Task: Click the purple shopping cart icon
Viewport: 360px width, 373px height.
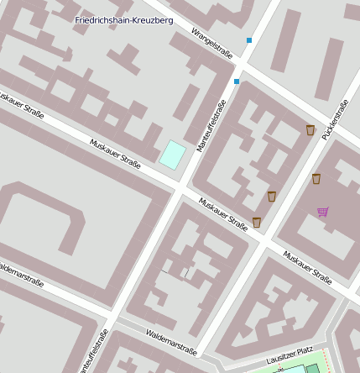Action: coord(323,212)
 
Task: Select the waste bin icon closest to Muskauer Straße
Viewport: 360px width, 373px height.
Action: coord(257,223)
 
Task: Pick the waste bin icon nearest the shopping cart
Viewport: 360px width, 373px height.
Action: coord(316,179)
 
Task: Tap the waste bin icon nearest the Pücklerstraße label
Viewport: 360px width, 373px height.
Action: coord(310,130)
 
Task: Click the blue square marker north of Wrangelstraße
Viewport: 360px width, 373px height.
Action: coord(249,40)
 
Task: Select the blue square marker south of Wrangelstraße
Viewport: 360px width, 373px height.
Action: coord(237,81)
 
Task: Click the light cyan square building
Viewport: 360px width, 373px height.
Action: coord(173,154)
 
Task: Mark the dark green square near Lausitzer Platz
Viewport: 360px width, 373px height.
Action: coord(312,368)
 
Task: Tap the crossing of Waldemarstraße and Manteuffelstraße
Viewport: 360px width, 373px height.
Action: coord(112,320)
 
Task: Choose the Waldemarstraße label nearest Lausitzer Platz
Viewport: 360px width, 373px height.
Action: coord(171,344)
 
